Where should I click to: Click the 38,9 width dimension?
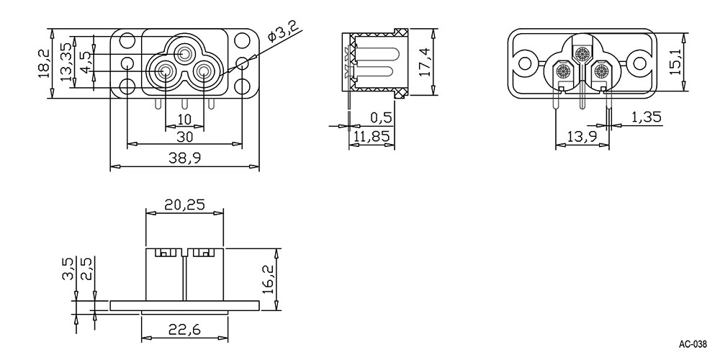(x=184, y=158)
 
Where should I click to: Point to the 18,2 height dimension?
(x=44, y=64)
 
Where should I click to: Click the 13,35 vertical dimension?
(x=66, y=61)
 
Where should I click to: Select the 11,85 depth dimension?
(x=372, y=136)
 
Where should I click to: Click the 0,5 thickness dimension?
(x=381, y=118)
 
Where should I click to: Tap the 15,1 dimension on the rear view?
(x=674, y=62)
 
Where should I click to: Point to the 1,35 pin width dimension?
(x=647, y=117)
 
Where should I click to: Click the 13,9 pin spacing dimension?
(x=582, y=136)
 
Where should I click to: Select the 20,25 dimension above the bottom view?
(x=184, y=204)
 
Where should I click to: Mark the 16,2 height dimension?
(x=269, y=279)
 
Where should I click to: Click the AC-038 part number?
(x=693, y=344)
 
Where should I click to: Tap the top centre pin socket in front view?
(x=186, y=54)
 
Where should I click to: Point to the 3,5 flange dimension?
(x=68, y=269)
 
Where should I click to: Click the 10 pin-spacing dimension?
(x=184, y=119)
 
